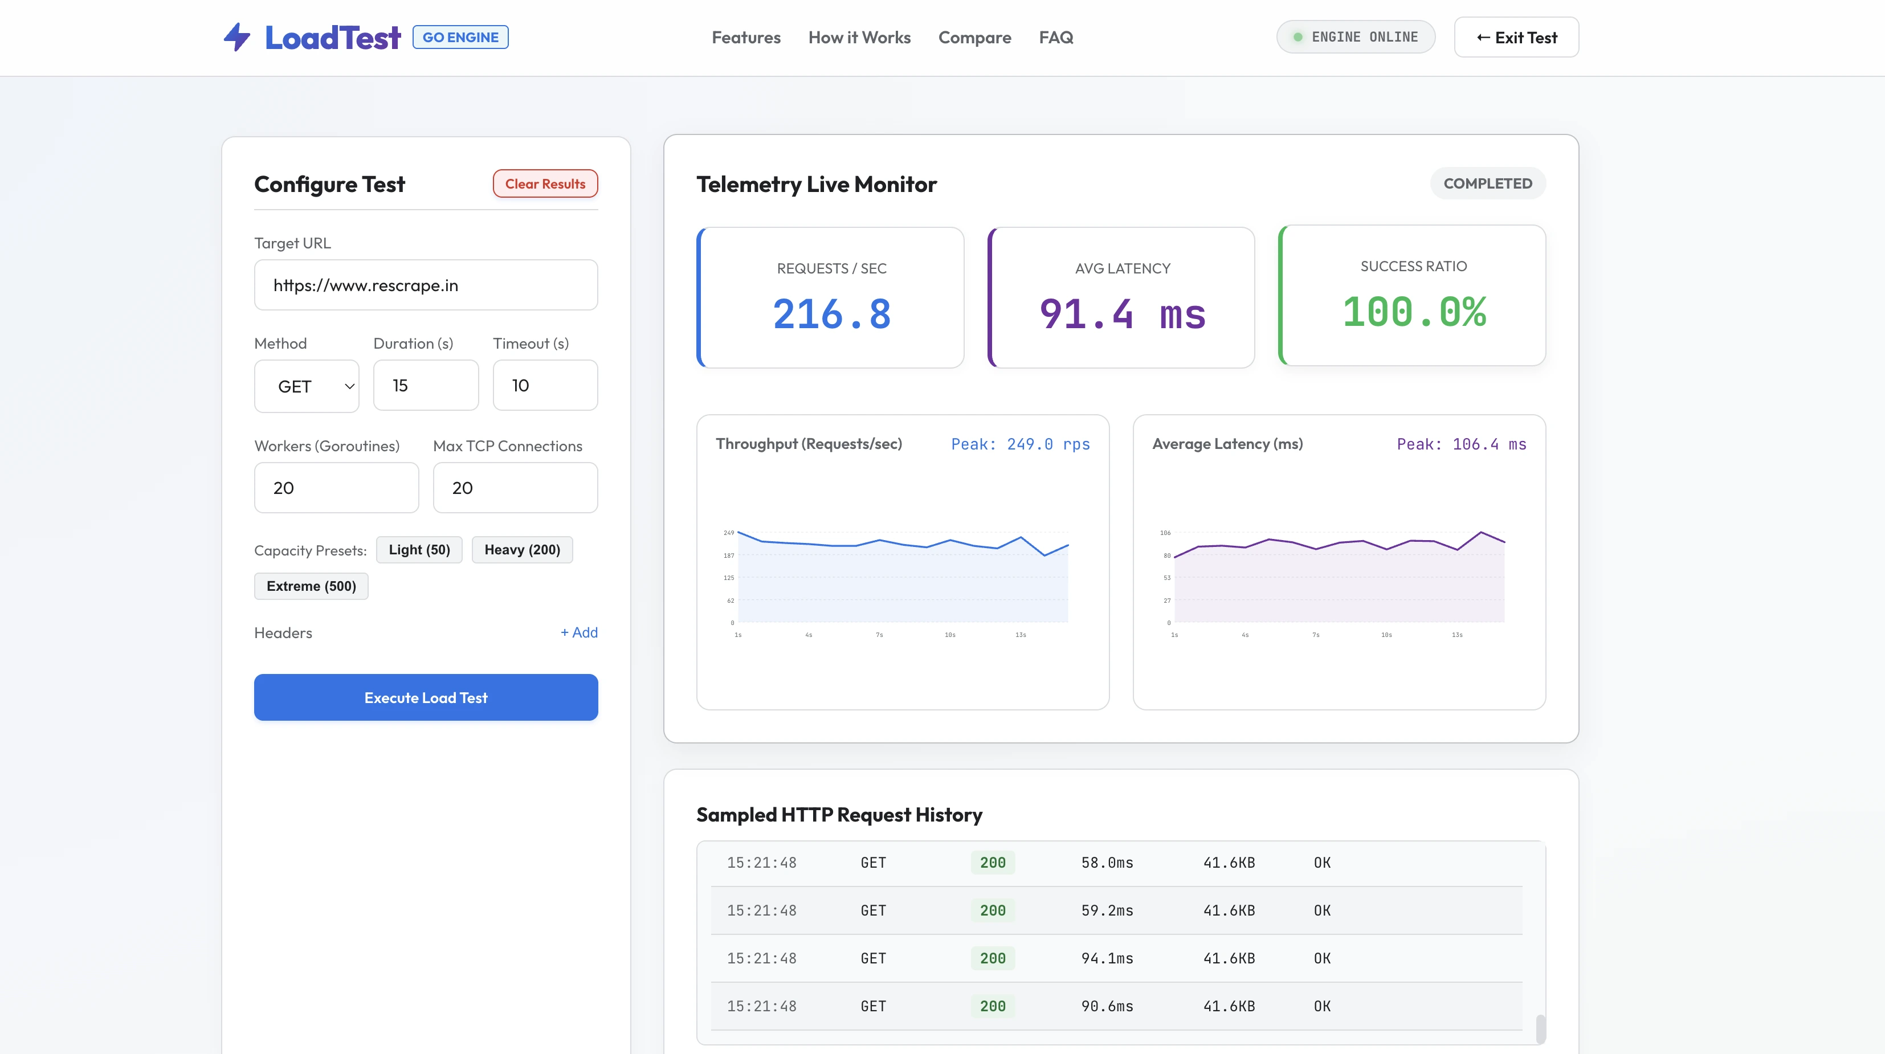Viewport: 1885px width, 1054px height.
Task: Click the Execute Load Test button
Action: pyautogui.click(x=426, y=697)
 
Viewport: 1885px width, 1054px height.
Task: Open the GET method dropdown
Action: pyautogui.click(x=307, y=386)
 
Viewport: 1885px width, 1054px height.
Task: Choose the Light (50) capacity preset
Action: pyautogui.click(x=419, y=549)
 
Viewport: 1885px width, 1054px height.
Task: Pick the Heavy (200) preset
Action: pyautogui.click(x=523, y=549)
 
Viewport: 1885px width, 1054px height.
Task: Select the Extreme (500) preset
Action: pyautogui.click(x=311, y=586)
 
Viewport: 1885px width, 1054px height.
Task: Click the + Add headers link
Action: pyautogui.click(x=579, y=632)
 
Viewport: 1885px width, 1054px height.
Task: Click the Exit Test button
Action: pyautogui.click(x=1516, y=37)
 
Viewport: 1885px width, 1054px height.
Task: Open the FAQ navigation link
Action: pyautogui.click(x=1056, y=37)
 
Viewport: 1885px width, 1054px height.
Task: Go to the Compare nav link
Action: pyautogui.click(x=975, y=37)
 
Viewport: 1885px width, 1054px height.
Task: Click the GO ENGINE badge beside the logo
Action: pyautogui.click(x=460, y=36)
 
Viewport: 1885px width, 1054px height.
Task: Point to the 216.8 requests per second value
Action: pyautogui.click(x=832, y=314)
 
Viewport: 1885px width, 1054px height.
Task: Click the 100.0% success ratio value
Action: pyautogui.click(x=1414, y=312)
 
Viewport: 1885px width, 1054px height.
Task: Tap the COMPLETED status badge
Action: pyautogui.click(x=1488, y=183)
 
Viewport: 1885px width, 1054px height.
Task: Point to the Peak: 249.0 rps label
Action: pyautogui.click(x=1020, y=444)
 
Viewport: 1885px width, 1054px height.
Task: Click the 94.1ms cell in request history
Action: pyautogui.click(x=1107, y=958)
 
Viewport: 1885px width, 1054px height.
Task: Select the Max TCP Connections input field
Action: pyautogui.click(x=515, y=487)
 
